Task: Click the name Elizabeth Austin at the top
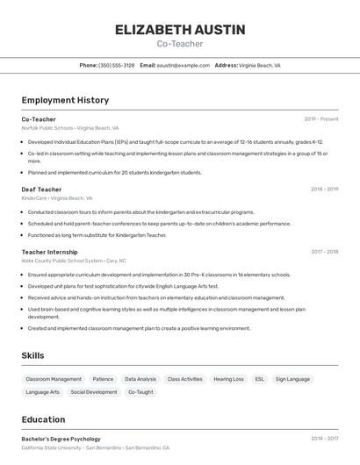tap(180, 30)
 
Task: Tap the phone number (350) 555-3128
tap(117, 65)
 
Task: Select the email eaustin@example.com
tap(183, 65)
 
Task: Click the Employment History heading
tap(65, 100)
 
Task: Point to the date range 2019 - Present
tap(321, 119)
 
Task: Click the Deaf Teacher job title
tap(41, 189)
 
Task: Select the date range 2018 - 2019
tap(324, 189)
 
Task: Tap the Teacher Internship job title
tap(49, 252)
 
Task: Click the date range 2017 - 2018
tap(324, 252)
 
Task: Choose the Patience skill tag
tap(103, 379)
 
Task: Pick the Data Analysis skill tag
tap(140, 379)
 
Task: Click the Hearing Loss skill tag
tap(228, 379)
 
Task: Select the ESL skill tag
tap(259, 379)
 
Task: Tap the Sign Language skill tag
tap(292, 379)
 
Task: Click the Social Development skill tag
tap(94, 392)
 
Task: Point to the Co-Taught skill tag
tap(140, 392)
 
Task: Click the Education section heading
tap(43, 419)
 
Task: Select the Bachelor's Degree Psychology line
tap(61, 439)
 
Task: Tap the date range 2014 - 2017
tap(324, 439)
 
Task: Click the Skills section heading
tap(33, 355)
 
